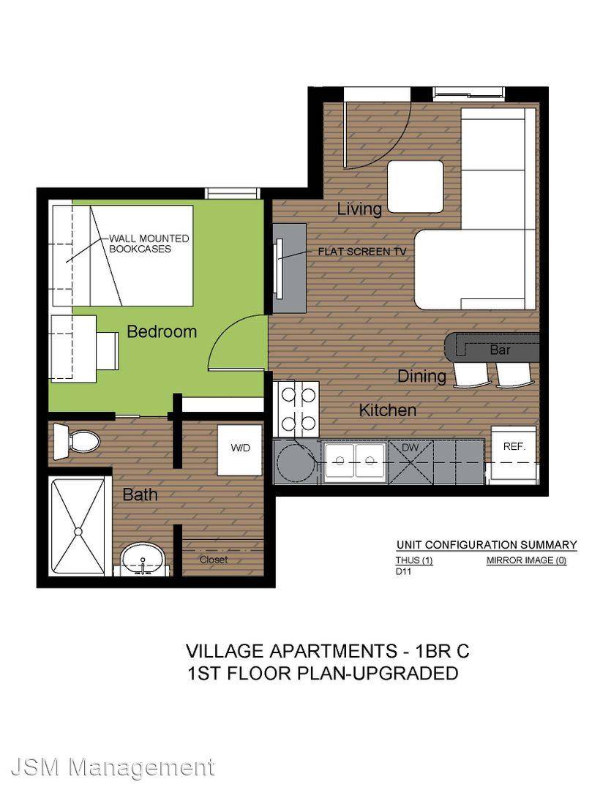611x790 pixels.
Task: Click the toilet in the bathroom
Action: tap(77, 441)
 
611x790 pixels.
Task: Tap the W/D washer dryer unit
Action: tap(239, 449)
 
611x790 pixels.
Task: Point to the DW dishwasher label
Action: tap(411, 448)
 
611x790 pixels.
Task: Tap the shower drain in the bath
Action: tap(78, 532)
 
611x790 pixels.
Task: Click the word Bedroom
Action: tap(161, 331)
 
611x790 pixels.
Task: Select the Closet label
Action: tap(213, 560)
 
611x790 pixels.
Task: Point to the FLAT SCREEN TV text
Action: tap(362, 252)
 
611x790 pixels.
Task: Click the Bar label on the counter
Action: tap(500, 350)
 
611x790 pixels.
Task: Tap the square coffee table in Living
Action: tap(416, 187)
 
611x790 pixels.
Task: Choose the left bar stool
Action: tap(471, 375)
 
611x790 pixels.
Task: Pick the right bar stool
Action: tap(514, 375)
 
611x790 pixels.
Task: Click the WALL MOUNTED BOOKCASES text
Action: tap(149, 244)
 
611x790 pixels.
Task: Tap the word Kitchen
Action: tap(388, 410)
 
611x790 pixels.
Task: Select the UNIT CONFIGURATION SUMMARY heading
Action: tap(487, 545)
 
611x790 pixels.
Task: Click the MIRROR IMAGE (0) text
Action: tap(526, 560)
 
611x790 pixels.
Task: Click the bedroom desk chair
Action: tap(108, 350)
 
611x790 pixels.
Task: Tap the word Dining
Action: tap(422, 377)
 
